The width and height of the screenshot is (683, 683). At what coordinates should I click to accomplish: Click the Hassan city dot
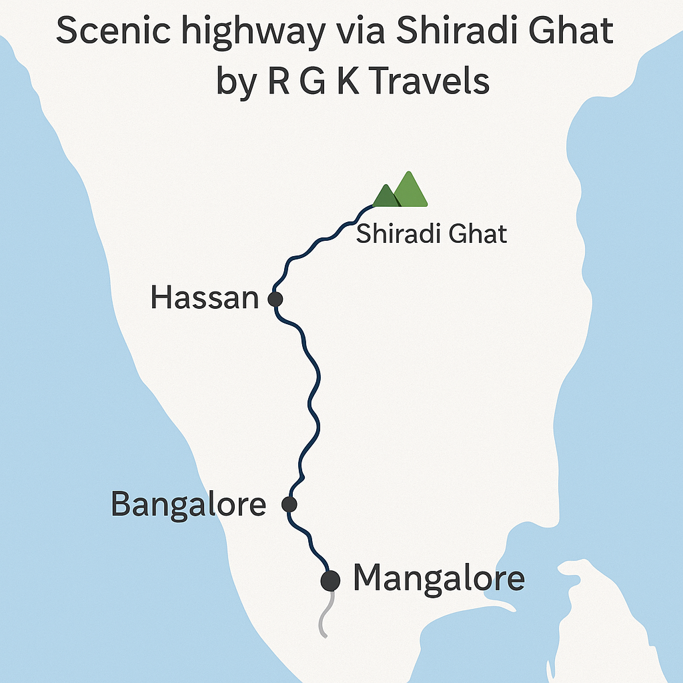275,299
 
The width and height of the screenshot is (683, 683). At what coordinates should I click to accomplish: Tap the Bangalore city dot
289,504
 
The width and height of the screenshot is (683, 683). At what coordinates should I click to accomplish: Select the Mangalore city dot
330,580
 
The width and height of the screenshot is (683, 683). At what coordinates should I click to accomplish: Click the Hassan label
204,297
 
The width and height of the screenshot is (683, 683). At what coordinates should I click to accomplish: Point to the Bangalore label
188,504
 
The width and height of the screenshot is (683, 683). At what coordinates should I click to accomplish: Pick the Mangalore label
438,578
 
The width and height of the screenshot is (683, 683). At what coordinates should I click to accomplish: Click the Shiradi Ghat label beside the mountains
432,234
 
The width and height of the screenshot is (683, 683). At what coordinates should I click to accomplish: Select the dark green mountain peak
386,197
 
